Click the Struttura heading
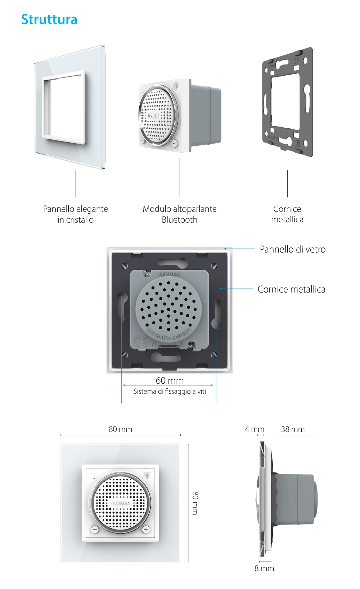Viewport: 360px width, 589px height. pos(49,19)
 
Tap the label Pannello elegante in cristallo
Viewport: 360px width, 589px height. pos(76,214)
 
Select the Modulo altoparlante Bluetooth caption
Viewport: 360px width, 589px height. pos(180,214)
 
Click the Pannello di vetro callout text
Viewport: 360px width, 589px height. pos(292,249)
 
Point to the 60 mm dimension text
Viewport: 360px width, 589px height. pos(170,380)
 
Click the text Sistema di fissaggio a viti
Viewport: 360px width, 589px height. pos(170,391)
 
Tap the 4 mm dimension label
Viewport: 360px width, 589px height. pos(255,429)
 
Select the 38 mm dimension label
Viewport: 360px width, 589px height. pos(293,429)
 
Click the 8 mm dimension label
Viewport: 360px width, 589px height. pos(264,568)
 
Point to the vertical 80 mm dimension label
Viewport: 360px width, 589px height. pos(195,503)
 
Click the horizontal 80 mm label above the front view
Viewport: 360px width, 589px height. pos(120,429)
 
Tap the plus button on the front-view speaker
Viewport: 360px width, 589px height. pos(146,530)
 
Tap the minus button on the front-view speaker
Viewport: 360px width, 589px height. pos(95,530)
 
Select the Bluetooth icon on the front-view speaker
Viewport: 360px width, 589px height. pos(147,476)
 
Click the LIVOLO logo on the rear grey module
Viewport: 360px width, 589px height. pos(169,274)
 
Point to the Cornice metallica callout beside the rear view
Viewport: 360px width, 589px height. pos(291,289)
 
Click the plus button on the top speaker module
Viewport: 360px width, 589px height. pos(174,143)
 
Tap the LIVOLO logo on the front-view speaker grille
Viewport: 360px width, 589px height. pos(121,503)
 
